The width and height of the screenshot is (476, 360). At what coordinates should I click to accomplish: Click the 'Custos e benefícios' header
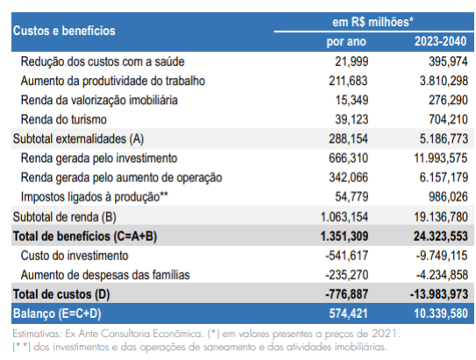point(64,31)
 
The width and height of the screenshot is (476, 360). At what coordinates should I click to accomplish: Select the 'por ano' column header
point(346,41)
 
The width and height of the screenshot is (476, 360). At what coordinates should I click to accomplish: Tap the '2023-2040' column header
point(440,41)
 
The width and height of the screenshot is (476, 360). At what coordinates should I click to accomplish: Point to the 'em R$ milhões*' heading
point(373,22)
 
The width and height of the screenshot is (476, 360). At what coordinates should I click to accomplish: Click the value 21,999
point(352,61)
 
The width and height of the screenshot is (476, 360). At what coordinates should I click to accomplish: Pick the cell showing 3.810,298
point(444,81)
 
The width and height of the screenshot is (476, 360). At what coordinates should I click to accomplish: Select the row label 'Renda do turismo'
point(64,119)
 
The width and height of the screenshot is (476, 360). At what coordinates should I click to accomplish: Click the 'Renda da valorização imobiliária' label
point(99,100)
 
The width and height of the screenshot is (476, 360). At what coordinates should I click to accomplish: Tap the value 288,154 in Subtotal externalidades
point(349,139)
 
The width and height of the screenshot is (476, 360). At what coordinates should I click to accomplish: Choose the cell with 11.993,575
point(441,159)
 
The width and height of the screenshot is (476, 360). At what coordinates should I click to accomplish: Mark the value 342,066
point(349,178)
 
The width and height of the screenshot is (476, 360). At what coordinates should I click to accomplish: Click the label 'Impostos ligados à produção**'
point(95,197)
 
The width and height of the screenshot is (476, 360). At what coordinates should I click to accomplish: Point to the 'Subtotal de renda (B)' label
point(64,217)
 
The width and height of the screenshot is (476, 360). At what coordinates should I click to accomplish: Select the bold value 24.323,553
point(441,236)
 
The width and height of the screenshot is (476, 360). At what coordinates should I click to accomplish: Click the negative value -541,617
point(347,256)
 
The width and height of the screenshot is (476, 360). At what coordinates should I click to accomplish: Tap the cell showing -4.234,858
point(442,275)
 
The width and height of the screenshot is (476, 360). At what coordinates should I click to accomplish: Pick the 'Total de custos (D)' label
point(61,294)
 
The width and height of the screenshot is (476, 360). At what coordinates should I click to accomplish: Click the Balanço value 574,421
point(349,314)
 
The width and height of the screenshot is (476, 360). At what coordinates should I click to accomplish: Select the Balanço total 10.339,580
point(441,314)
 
